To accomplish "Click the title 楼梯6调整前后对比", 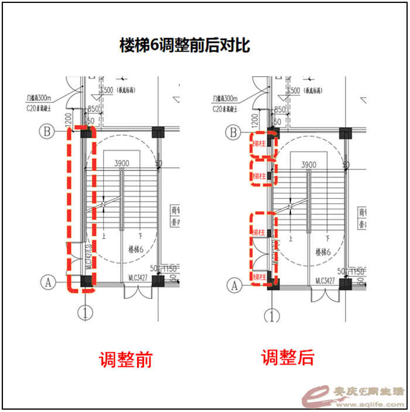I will click(184, 46).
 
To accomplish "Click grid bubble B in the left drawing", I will click(47, 131).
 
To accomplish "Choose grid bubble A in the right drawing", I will click(234, 285).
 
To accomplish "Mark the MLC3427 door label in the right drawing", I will click(325, 280).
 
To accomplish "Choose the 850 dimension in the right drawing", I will click(279, 110).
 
